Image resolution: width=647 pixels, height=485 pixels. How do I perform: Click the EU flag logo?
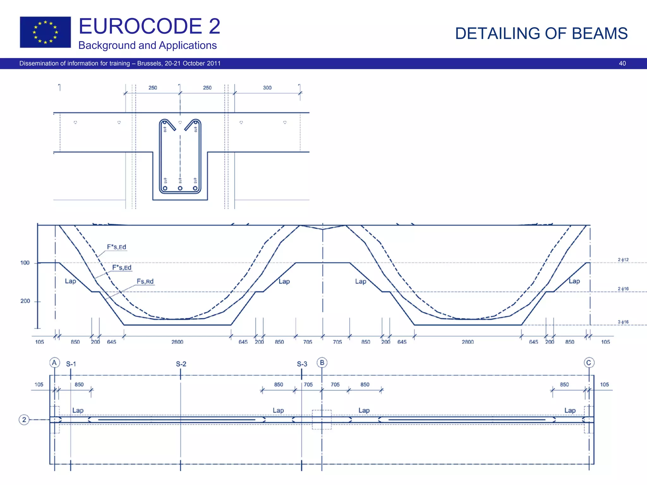click(x=45, y=32)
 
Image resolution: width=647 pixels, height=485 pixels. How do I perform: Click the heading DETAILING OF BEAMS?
click(x=541, y=33)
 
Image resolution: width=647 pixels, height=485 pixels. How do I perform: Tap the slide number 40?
click(x=622, y=63)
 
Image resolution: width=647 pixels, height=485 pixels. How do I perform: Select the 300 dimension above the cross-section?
click(x=267, y=88)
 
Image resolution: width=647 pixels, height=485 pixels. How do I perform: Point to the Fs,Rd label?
click(x=145, y=281)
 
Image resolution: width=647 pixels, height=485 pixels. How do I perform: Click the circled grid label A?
click(x=55, y=363)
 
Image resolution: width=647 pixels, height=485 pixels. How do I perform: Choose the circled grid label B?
click(x=322, y=362)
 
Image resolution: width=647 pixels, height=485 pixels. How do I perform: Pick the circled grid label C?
click(x=589, y=363)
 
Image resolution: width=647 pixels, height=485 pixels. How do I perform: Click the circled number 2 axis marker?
click(x=24, y=420)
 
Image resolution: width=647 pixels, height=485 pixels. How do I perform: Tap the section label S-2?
click(x=181, y=364)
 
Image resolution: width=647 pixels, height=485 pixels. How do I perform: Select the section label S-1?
click(x=71, y=364)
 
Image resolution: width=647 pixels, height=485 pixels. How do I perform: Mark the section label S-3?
click(x=302, y=364)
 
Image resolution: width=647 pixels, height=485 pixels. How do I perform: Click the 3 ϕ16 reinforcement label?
click(x=623, y=322)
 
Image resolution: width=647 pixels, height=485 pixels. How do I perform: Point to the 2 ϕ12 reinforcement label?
click(x=623, y=260)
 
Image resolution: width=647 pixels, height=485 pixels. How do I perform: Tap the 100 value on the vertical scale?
click(x=25, y=263)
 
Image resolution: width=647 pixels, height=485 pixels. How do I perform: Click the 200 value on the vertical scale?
click(x=25, y=301)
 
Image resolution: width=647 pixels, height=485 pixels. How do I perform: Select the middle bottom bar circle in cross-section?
click(x=180, y=188)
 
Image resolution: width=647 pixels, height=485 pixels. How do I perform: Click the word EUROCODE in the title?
click(x=140, y=26)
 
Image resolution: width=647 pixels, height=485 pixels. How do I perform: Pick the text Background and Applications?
click(x=147, y=45)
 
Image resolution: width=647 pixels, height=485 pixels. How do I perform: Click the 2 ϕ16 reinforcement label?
click(x=623, y=289)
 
